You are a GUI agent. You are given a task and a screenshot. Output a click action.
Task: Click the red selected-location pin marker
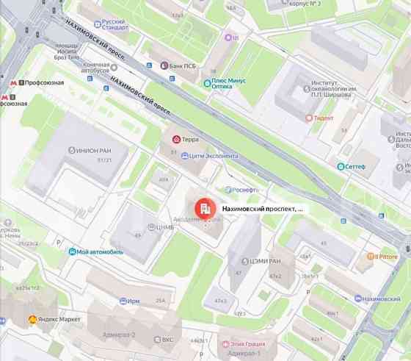[203, 210]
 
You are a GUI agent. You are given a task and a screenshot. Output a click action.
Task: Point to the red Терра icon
[175, 138]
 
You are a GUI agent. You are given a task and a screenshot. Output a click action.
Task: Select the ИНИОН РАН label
[93, 150]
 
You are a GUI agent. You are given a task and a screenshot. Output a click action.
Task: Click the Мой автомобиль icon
[72, 251]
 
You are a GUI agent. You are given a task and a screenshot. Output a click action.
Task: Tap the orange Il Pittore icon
[372, 257]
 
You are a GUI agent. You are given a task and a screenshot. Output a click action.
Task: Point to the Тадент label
[323, 118]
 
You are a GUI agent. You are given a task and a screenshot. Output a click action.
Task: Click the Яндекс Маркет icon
[32, 320]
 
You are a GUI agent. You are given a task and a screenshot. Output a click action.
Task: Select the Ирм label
[133, 301]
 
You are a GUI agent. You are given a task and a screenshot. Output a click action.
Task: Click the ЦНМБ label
[164, 227]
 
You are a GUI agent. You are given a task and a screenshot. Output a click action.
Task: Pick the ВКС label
[167, 340]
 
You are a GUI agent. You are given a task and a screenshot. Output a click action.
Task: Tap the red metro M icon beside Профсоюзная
[7, 82]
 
